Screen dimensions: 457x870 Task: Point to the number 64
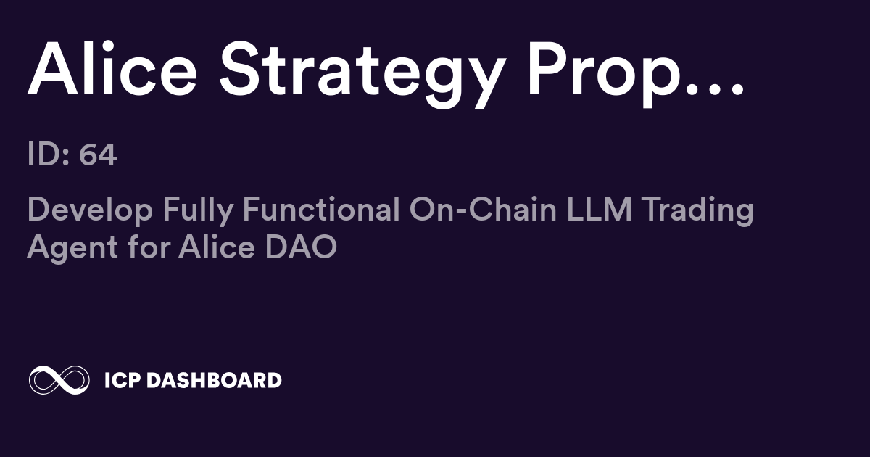(x=98, y=155)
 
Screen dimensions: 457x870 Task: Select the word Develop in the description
(x=90, y=210)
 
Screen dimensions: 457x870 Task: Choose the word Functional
(x=321, y=210)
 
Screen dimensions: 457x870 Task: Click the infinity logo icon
(x=59, y=380)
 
